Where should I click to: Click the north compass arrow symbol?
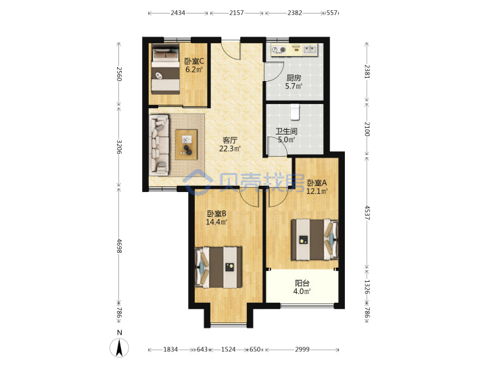[119, 347]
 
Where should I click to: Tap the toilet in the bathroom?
[295, 112]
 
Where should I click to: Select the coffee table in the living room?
[187, 145]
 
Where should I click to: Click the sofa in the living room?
[159, 145]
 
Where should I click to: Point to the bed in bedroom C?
[166, 69]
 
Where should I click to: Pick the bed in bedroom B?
[218, 267]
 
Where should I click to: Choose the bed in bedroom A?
[315, 239]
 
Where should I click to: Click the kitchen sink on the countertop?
[310, 49]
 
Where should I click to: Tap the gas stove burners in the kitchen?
[279, 49]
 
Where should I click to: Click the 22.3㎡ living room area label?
[230, 149]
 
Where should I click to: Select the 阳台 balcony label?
[302, 283]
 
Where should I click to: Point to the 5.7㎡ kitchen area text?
[294, 86]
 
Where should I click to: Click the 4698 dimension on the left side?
[118, 243]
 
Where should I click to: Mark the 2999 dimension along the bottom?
[302, 349]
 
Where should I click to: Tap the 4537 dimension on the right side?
[367, 213]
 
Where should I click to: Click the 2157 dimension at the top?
[236, 13]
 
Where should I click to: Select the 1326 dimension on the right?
[367, 287]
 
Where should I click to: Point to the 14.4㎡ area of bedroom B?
[216, 222]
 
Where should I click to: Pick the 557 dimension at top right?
[331, 13]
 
